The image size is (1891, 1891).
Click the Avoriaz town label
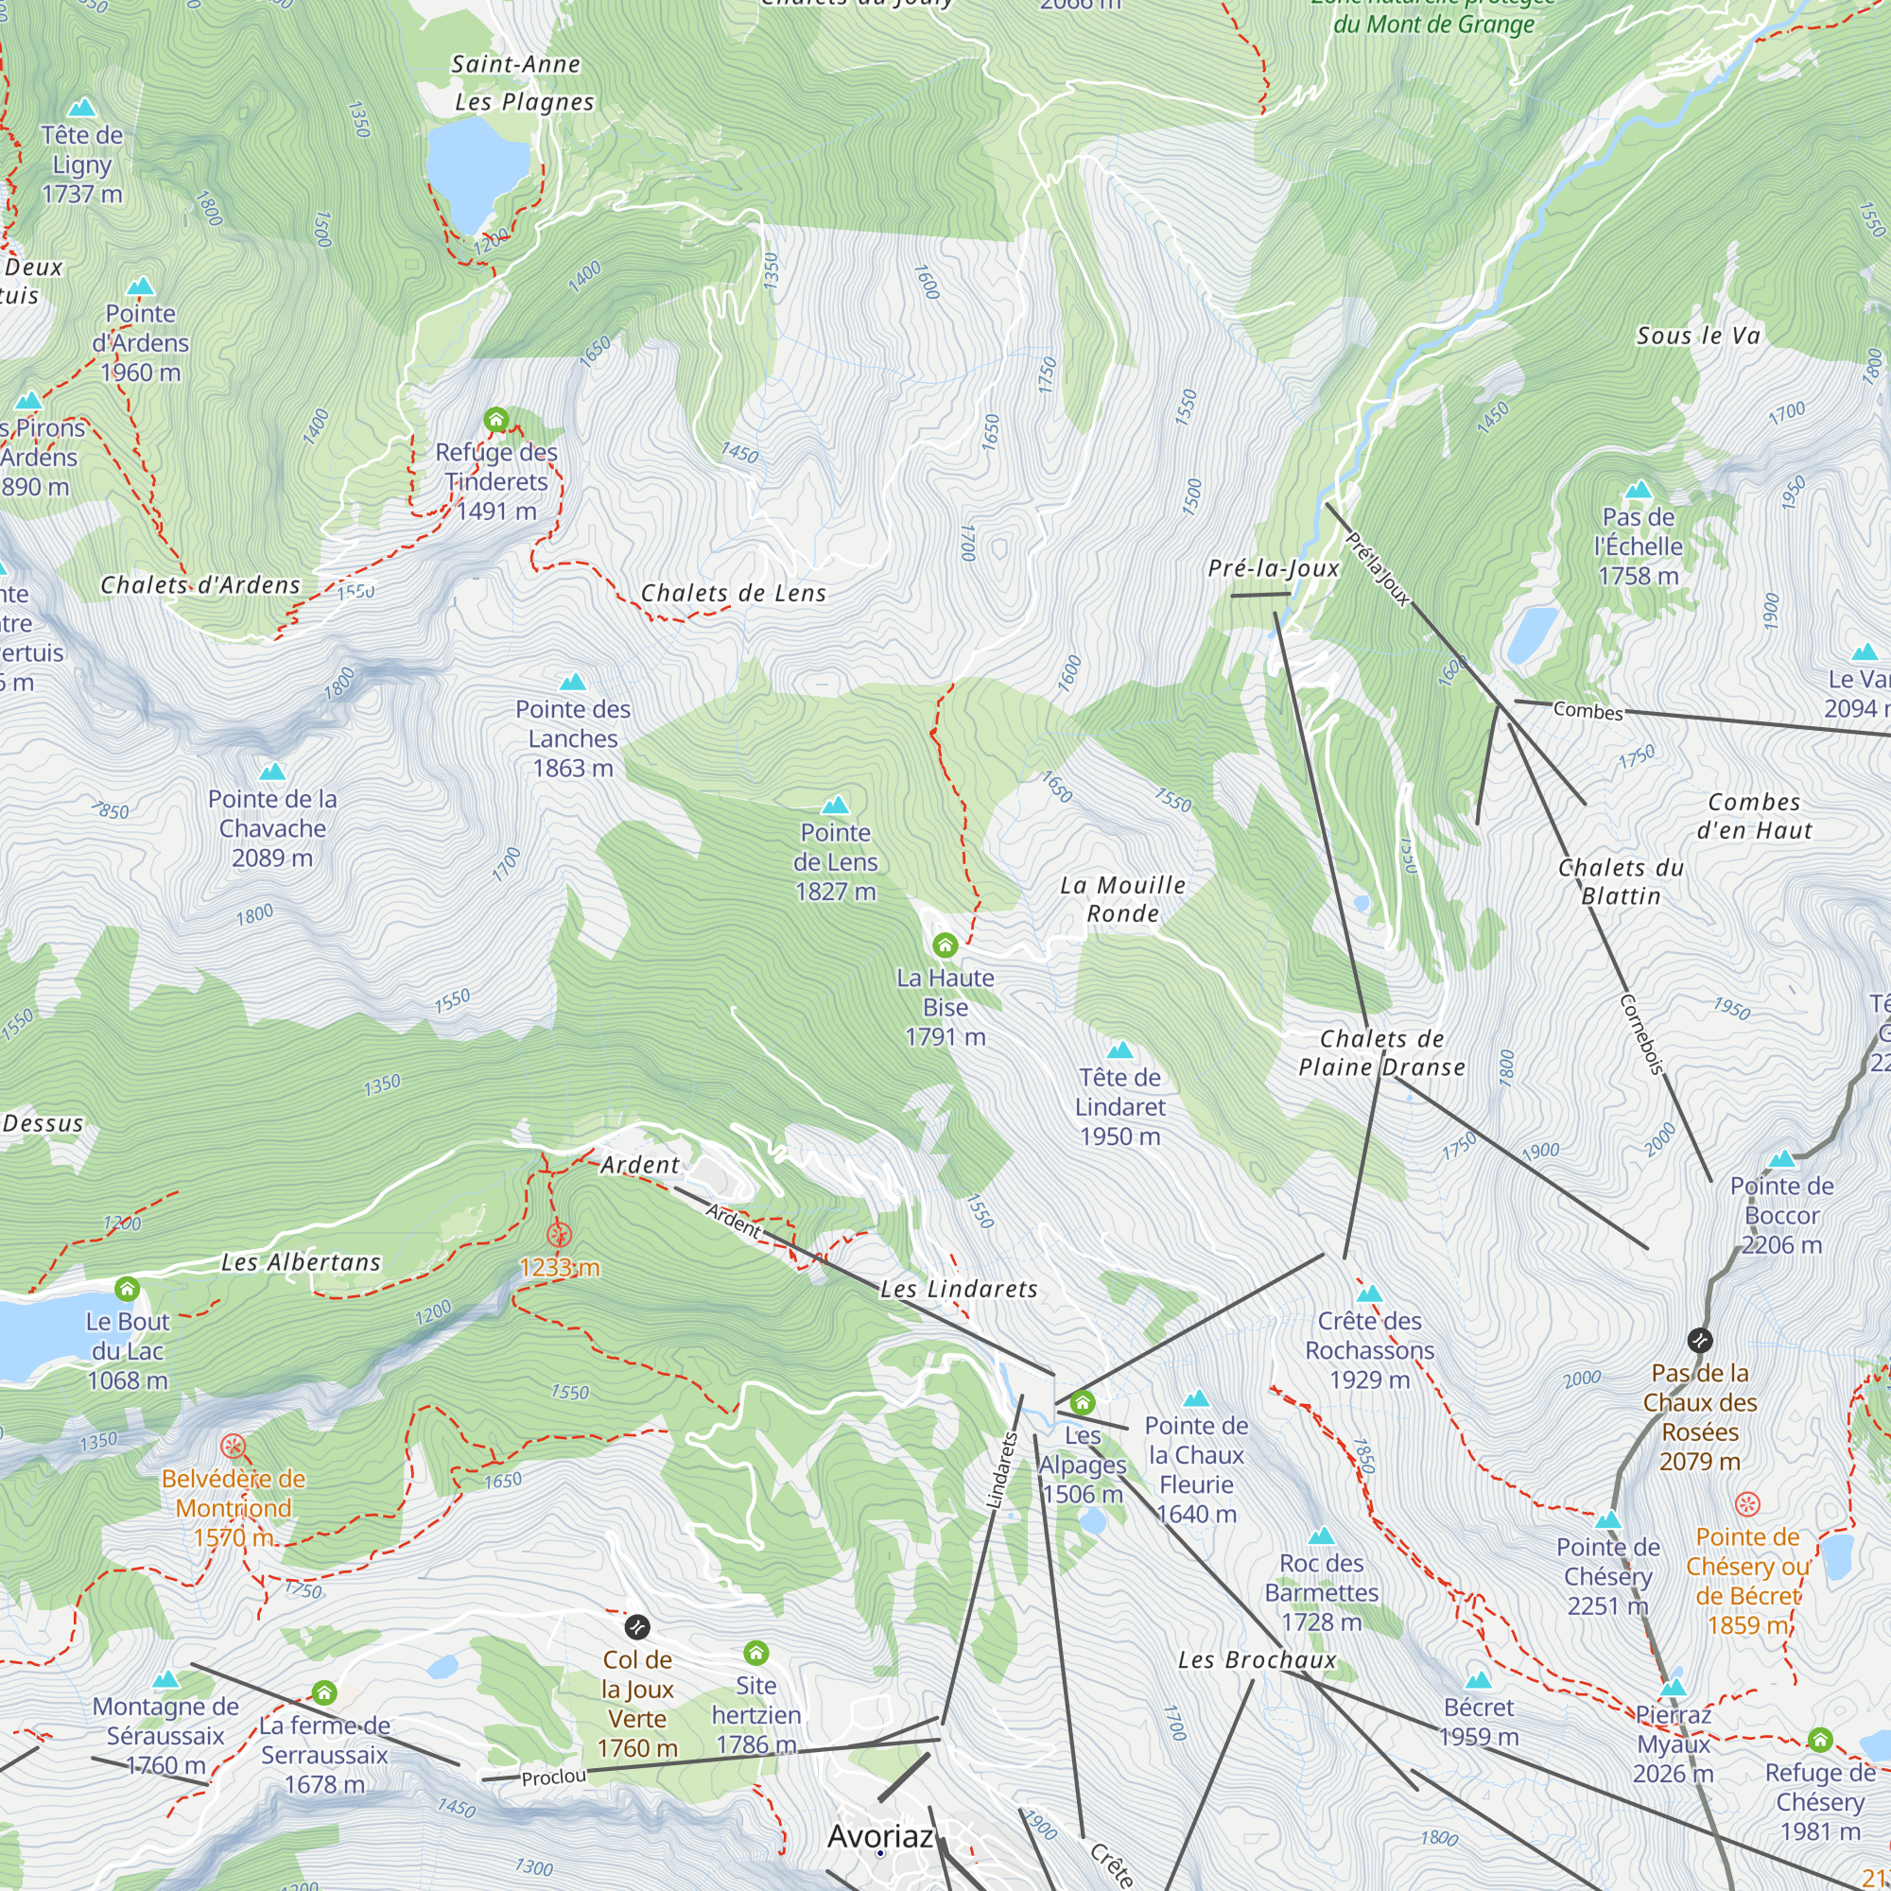[880, 1836]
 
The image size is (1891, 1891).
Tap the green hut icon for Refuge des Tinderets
[496, 420]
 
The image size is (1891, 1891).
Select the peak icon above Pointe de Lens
[835, 806]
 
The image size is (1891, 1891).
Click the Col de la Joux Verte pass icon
[637, 1626]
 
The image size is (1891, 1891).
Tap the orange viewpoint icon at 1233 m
[559, 1235]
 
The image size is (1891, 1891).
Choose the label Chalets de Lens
[733, 593]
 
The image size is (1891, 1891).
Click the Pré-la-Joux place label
[1273, 568]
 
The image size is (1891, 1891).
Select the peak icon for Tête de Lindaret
[1119, 1050]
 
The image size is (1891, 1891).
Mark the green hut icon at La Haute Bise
[945, 945]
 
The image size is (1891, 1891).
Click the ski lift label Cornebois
[1641, 1034]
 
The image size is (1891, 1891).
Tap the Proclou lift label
[554, 1777]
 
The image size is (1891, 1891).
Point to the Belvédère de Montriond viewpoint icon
[233, 1447]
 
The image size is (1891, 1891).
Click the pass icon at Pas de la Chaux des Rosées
[1700, 1339]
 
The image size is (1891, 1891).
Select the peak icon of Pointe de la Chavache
[272, 772]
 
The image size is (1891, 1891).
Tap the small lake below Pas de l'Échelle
[1532, 634]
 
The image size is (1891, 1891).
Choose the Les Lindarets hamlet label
[958, 1289]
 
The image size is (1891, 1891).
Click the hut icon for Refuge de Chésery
[1819, 1740]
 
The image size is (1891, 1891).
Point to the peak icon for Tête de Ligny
[82, 107]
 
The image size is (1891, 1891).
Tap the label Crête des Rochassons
[1369, 1350]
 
